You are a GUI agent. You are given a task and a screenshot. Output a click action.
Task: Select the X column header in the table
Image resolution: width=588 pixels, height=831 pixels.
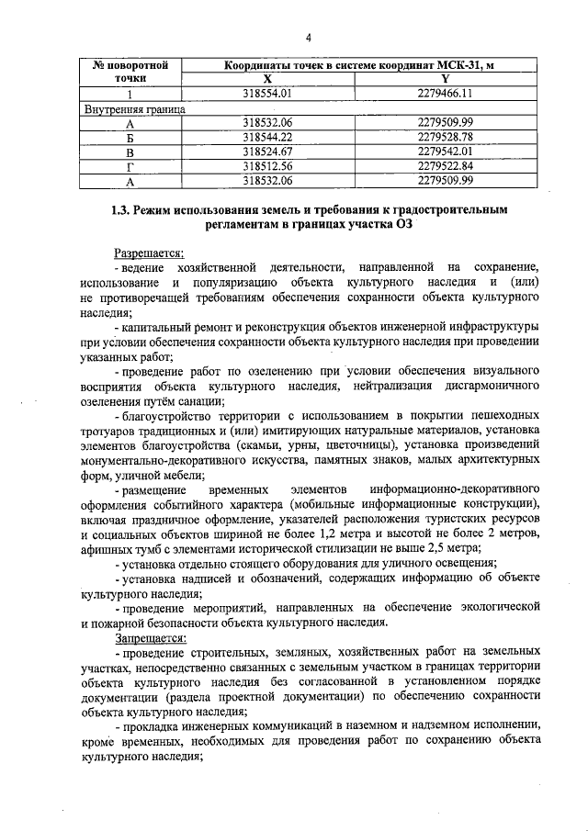pos(267,80)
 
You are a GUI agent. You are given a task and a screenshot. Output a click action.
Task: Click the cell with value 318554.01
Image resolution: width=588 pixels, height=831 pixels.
pos(267,94)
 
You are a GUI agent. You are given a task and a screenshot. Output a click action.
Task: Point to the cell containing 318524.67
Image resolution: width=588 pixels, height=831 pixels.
pos(267,151)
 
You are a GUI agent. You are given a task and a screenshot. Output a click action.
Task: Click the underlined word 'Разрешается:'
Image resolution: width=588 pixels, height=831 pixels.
pos(149,252)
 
